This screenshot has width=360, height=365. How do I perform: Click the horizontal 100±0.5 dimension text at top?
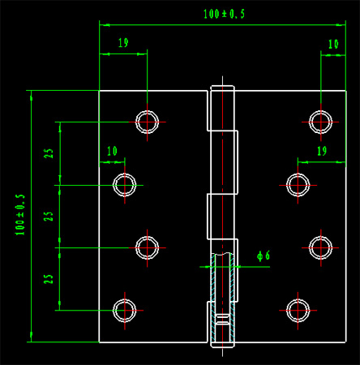224,14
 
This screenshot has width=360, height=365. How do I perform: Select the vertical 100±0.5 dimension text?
20,214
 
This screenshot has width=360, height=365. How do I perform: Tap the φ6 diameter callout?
264,255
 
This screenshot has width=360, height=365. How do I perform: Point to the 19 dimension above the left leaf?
123,43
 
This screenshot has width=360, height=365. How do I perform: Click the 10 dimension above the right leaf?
333,44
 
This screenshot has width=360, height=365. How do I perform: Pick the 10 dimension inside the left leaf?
112,151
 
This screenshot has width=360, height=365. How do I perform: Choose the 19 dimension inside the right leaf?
322,151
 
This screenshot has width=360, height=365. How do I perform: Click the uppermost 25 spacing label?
49,153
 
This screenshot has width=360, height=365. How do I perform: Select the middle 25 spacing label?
49,217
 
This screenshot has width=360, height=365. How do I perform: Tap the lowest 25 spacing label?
49,279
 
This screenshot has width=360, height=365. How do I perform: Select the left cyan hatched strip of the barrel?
213,298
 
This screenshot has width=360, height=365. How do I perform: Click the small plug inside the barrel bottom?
222,319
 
